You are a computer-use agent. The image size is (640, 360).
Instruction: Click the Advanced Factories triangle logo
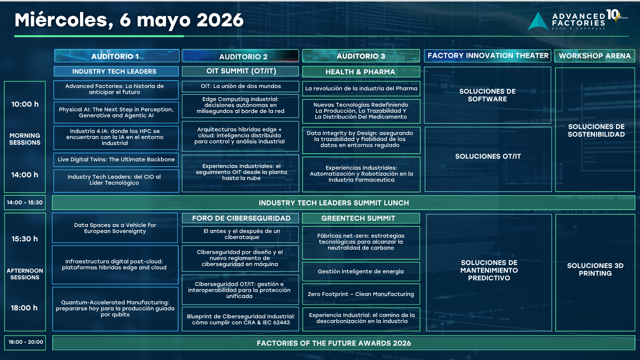(538, 22)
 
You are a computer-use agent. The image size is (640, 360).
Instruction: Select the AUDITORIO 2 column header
(240, 56)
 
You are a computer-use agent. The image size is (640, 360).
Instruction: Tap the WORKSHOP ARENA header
(595, 56)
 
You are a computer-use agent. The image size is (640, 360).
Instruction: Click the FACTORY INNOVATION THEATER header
(488, 56)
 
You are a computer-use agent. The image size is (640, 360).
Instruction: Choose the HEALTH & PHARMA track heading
(361, 72)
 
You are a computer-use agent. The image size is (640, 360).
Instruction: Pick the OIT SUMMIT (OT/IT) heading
(240, 71)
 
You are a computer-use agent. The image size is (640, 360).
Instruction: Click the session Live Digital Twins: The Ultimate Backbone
(116, 160)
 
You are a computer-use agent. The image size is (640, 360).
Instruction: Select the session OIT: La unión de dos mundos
(240, 86)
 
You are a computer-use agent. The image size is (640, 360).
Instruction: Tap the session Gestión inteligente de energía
(361, 271)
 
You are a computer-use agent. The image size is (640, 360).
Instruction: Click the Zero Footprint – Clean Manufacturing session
(361, 294)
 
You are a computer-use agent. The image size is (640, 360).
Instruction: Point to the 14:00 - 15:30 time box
(25, 202)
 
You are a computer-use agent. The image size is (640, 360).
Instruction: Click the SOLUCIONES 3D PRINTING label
(595, 269)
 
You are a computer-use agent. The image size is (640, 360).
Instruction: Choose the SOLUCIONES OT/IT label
(488, 156)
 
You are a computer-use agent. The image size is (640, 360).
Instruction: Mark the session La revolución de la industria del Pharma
(361, 89)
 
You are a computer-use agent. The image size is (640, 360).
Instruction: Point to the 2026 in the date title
(220, 20)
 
